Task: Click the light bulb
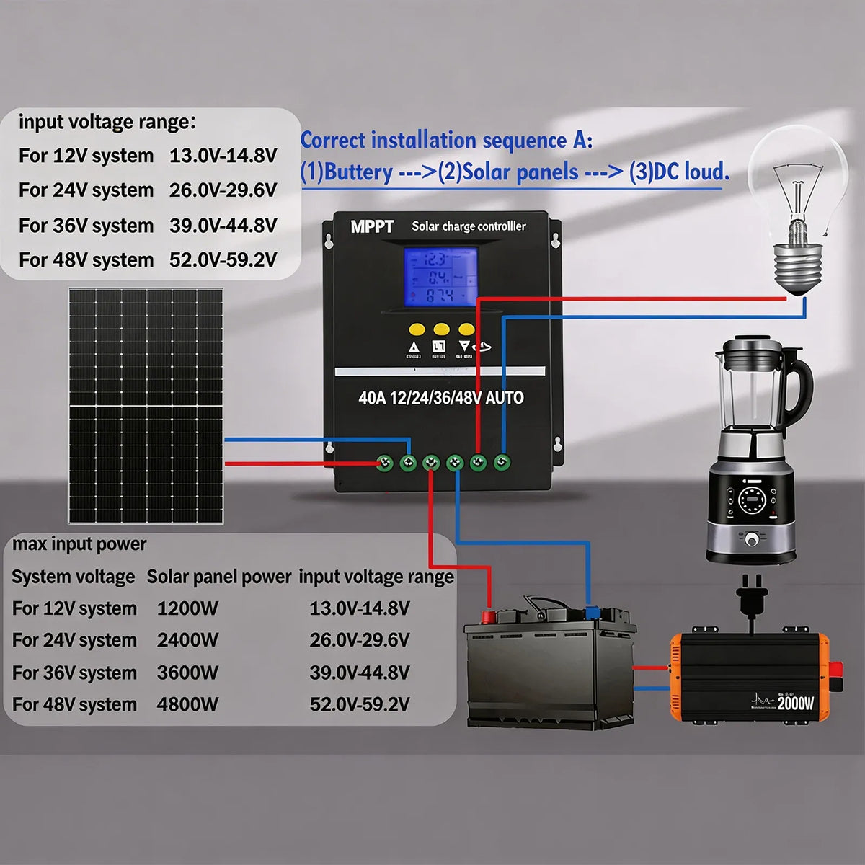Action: [796, 209]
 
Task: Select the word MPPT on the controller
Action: [372, 227]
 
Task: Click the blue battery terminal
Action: [593, 613]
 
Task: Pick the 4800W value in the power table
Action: [187, 704]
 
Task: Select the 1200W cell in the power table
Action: [187, 608]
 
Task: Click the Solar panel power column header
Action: [218, 577]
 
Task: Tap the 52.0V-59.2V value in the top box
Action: [223, 259]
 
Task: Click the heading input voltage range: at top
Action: [107, 122]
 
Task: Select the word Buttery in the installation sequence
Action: [358, 172]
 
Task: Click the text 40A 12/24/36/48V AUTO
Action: [441, 398]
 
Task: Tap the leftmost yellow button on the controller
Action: [417, 329]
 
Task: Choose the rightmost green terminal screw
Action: [502, 462]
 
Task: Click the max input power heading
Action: [79, 544]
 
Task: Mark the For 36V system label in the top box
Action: [86, 226]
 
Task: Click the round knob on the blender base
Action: [752, 538]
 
